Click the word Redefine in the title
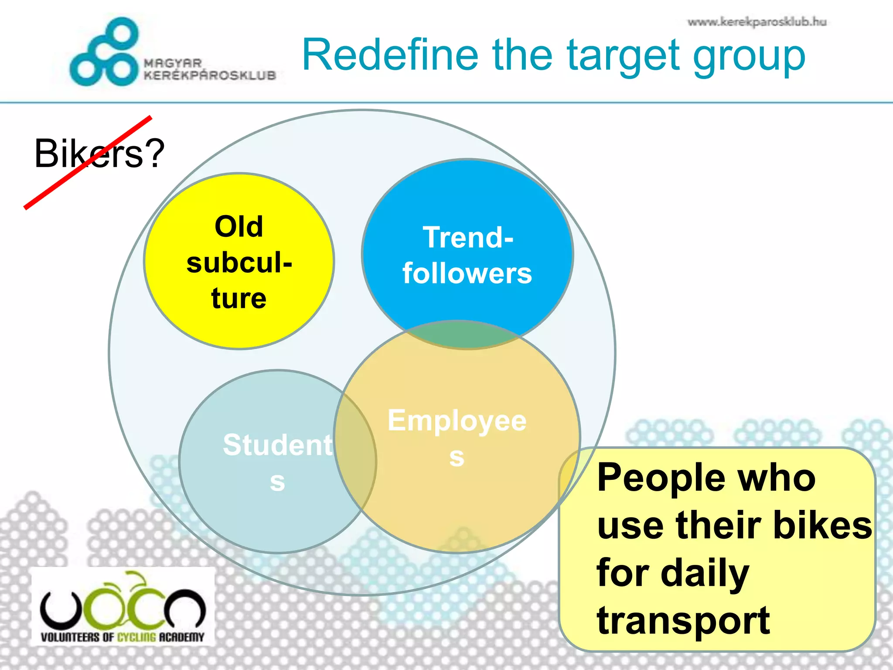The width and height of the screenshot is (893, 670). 390,55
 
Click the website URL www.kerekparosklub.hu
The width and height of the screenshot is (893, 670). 757,22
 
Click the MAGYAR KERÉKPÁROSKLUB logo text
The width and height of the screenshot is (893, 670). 210,70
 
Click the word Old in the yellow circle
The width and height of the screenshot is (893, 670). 239,226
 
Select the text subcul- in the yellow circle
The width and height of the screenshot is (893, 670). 239,263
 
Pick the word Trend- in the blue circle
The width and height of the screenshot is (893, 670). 468,237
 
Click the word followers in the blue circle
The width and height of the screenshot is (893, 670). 467,273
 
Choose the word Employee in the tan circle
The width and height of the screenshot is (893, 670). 457,421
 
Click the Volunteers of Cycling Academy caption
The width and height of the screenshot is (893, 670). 123,637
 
